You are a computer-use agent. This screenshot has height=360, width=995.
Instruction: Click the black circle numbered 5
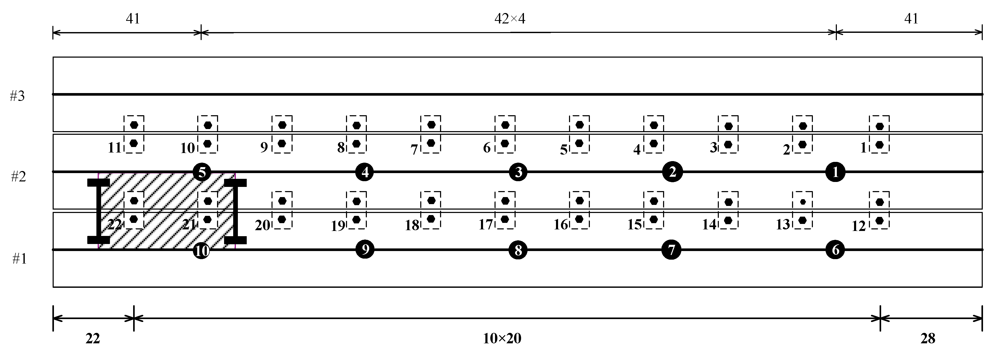tap(202, 172)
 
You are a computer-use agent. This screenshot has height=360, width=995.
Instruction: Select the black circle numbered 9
tap(365, 249)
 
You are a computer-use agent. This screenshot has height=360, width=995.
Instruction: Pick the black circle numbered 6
tap(835, 250)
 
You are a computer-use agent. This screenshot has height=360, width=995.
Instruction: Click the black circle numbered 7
tap(671, 250)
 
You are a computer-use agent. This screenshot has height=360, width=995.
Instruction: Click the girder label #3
tap(17, 96)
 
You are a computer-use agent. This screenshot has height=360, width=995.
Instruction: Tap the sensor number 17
tap(486, 224)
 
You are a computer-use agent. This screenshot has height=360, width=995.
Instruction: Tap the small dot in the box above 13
tap(803, 202)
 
